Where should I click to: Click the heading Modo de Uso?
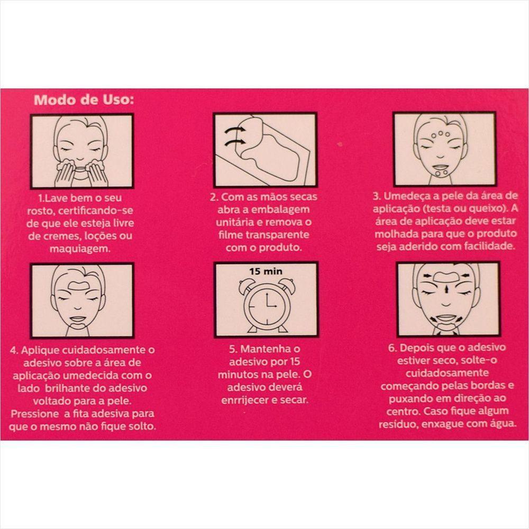(x=84, y=100)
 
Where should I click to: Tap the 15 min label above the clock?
(x=266, y=271)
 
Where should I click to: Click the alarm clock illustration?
(x=266, y=304)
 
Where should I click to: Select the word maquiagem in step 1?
(x=80, y=249)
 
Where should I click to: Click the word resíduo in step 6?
(x=398, y=424)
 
